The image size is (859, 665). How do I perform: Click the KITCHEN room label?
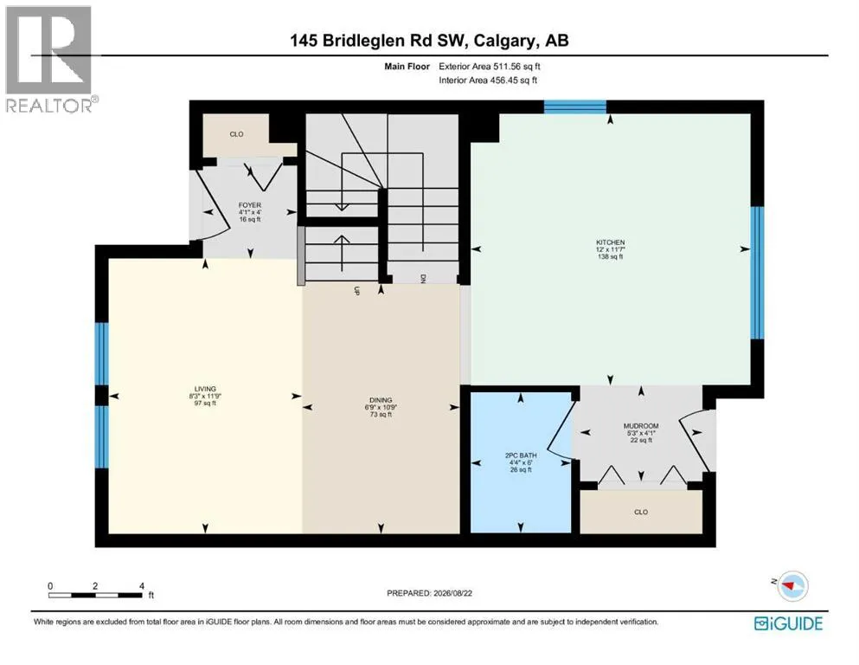[x=610, y=242]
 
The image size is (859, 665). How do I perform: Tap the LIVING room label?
[x=205, y=389]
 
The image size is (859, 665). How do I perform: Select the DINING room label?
[x=381, y=400]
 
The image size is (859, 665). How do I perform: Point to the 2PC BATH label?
[x=521, y=455]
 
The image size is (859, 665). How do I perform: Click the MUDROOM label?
[x=641, y=426]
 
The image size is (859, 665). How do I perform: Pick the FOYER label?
[x=250, y=205]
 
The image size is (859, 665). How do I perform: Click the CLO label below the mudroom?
[x=641, y=512]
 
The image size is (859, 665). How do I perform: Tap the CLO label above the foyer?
[x=237, y=134]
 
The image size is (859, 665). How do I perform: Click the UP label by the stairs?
[x=356, y=291]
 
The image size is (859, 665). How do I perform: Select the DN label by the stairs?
[x=422, y=279]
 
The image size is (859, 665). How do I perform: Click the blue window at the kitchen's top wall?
[x=575, y=107]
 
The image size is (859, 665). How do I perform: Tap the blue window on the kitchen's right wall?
[x=757, y=273]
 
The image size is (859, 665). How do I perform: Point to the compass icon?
[x=792, y=586]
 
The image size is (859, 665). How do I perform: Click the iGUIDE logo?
[x=788, y=623]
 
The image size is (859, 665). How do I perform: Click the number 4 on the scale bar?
[x=142, y=586]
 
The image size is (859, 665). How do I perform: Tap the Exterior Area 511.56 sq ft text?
[x=490, y=67]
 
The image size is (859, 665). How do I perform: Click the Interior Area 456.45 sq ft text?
[x=488, y=80]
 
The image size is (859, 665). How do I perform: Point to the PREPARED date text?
[x=429, y=593]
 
